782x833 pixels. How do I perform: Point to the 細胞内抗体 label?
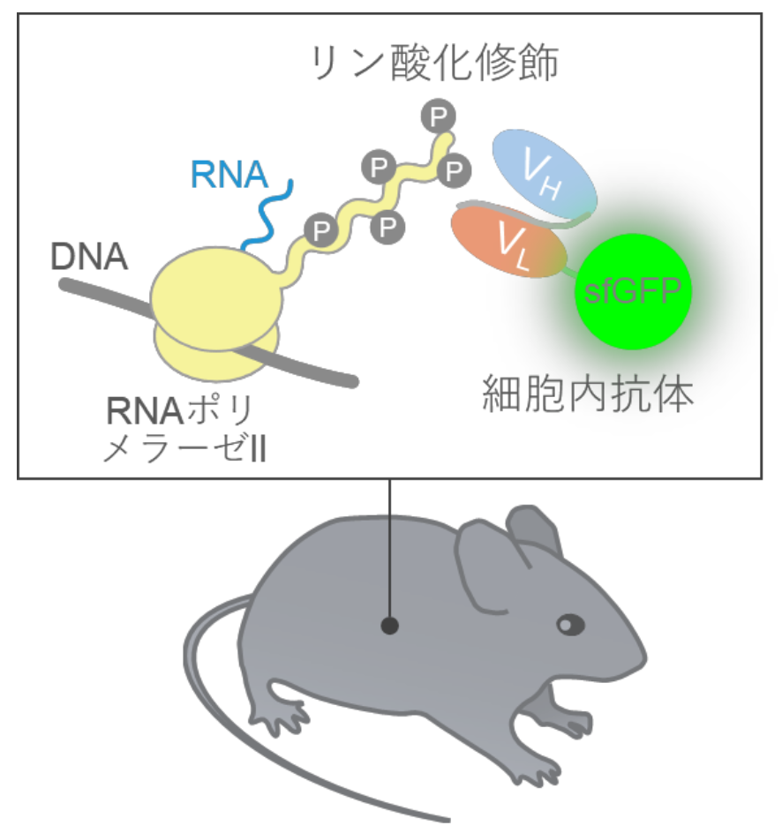click(x=587, y=394)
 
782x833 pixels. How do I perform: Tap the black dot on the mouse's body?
click(x=389, y=626)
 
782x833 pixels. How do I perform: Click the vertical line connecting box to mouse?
click(x=389, y=547)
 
